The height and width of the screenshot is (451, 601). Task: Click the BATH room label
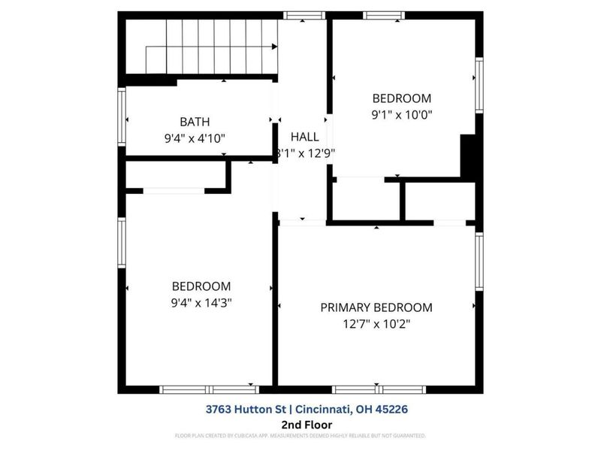195,122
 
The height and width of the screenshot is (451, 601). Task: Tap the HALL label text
305,137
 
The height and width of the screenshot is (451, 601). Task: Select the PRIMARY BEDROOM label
376,307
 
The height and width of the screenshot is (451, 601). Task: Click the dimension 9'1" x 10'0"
403,115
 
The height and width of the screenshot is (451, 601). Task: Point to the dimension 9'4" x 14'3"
201,303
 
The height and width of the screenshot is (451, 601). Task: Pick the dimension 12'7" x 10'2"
376,324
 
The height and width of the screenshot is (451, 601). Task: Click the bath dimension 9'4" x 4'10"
195,138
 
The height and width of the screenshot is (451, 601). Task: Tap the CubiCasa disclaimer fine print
300,435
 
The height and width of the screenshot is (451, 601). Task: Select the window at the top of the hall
304,15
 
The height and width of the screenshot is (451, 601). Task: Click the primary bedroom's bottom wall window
379,389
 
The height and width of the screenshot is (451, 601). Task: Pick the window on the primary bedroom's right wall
479,263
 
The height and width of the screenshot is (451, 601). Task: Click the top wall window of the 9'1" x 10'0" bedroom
384,15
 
